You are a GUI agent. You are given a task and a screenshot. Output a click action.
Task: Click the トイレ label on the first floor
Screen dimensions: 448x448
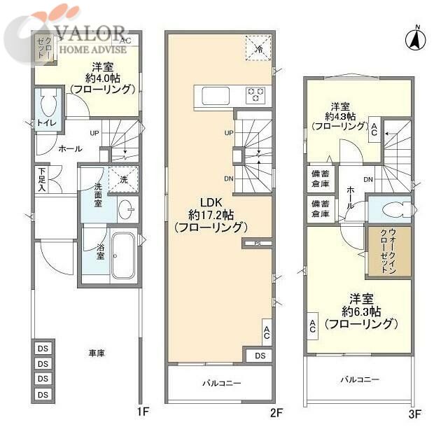(x=47, y=124)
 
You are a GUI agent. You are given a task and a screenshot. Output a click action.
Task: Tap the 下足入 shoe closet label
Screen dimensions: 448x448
(x=43, y=180)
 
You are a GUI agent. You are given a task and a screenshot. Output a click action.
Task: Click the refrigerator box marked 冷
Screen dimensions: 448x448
(x=257, y=48)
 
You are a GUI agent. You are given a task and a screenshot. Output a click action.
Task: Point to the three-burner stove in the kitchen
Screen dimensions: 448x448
(x=255, y=94)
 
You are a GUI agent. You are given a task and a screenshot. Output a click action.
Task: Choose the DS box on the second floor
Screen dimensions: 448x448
(x=260, y=356)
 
